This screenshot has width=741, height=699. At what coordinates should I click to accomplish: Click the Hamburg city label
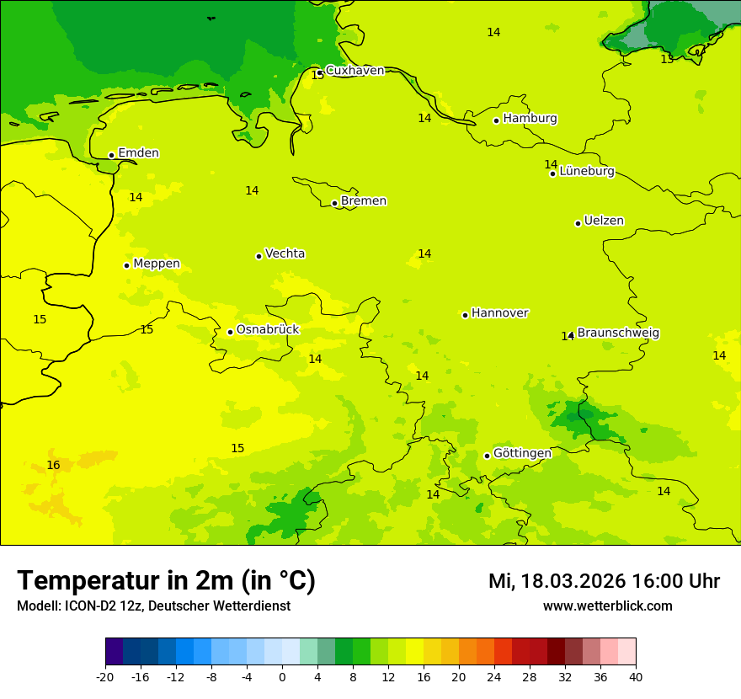tap(530, 119)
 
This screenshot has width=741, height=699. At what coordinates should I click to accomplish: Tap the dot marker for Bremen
tap(334, 203)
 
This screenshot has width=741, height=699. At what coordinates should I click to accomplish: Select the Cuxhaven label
tap(355, 71)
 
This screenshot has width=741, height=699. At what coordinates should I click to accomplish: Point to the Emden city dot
tap(111, 155)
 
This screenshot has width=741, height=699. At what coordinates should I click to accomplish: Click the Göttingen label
tap(522, 453)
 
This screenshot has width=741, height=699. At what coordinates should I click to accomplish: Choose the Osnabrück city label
tap(268, 329)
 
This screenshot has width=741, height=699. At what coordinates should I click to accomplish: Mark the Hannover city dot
tap(465, 315)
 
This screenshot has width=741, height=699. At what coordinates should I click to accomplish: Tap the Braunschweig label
tap(618, 333)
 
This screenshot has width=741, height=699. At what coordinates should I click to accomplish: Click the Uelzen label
tap(604, 221)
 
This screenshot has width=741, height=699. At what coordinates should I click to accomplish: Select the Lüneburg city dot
tap(552, 173)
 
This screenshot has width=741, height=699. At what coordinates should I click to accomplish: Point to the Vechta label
tap(285, 253)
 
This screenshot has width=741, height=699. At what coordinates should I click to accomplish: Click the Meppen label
tap(157, 264)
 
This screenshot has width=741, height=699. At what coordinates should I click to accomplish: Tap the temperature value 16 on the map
tap(53, 465)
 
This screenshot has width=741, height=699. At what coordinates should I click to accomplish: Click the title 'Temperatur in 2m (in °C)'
tap(166, 580)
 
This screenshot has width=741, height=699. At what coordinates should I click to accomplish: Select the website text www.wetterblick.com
tap(607, 606)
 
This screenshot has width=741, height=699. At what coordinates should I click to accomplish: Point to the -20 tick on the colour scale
tap(105, 676)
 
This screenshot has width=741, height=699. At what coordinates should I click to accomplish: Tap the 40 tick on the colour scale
tap(636, 676)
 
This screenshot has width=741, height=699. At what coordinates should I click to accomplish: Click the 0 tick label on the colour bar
tap(282, 676)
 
